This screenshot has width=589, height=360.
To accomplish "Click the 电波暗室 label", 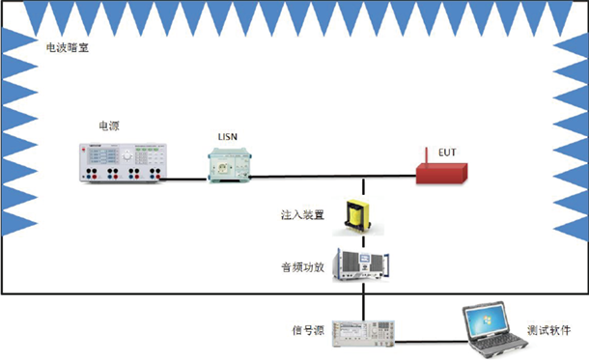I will pyautogui.click(x=68, y=46).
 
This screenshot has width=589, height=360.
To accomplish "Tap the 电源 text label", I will pyautogui.click(x=109, y=126).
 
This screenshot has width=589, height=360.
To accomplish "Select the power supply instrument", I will pyautogui.click(x=124, y=161).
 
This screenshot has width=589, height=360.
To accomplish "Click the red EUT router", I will pyautogui.click(x=440, y=175).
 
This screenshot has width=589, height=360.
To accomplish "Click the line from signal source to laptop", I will pyautogui.click(x=425, y=340).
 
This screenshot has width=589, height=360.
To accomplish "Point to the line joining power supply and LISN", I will pyautogui.click(x=189, y=177).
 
